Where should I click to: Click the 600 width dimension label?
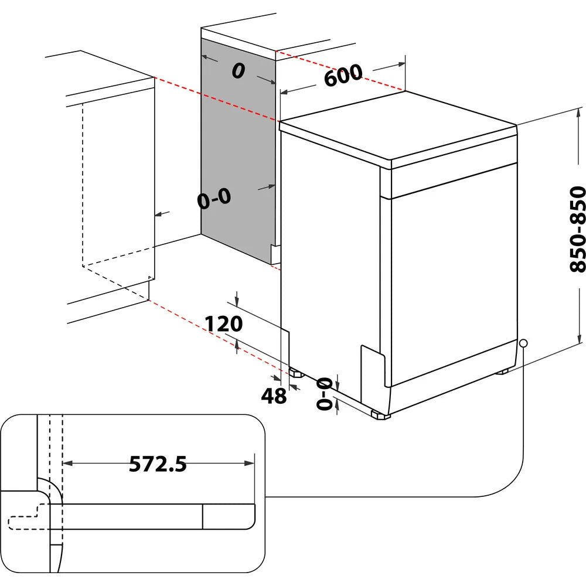click(x=343, y=75)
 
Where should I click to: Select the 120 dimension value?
click(x=223, y=323)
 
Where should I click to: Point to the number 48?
click(x=274, y=396)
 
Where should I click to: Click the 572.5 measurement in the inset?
click(x=158, y=464)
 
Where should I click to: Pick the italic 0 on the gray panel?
click(x=237, y=71)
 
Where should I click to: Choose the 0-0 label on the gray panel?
click(x=214, y=199)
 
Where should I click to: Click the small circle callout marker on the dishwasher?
click(x=523, y=343)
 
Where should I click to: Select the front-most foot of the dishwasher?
click(x=380, y=415)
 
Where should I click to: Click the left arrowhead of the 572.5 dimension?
click(x=66, y=463)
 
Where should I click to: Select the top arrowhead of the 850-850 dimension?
click(x=580, y=111)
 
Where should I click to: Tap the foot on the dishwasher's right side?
click(x=502, y=372)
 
